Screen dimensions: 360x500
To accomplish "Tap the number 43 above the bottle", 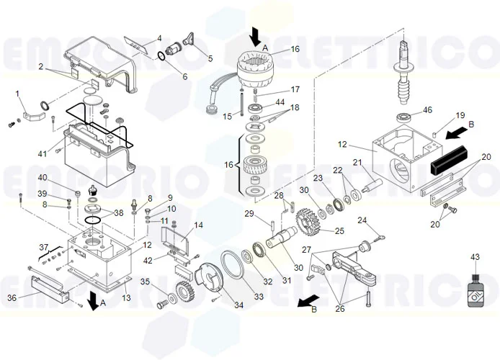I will pyautogui.click(x=475, y=257).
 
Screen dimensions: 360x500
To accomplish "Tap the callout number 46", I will pyautogui.click(x=427, y=110).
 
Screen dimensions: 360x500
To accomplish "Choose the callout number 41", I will pyautogui.click(x=43, y=153).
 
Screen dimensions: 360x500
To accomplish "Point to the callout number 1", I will pyautogui.click(x=18, y=94).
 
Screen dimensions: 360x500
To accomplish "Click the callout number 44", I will pyautogui.click(x=280, y=102).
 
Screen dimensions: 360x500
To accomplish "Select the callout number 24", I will pyautogui.click(x=362, y=220).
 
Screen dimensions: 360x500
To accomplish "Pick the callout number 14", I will pyautogui.click(x=198, y=225).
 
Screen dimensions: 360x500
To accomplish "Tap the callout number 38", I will pyautogui.click(x=119, y=213).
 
